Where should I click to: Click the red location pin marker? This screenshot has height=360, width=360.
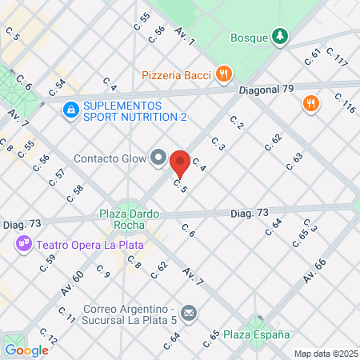click(180, 163)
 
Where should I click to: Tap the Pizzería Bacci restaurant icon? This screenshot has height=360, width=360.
click(225, 75)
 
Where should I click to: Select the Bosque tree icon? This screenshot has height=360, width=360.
click(279, 36)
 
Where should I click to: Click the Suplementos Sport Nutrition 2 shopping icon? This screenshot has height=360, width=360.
click(70, 106)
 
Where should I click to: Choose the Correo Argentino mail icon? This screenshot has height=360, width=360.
click(190, 311)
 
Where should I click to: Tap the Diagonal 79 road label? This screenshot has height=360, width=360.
click(266, 90)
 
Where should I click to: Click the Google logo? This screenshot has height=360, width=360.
click(26, 350)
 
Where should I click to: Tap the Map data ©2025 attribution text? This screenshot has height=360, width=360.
click(323, 354)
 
